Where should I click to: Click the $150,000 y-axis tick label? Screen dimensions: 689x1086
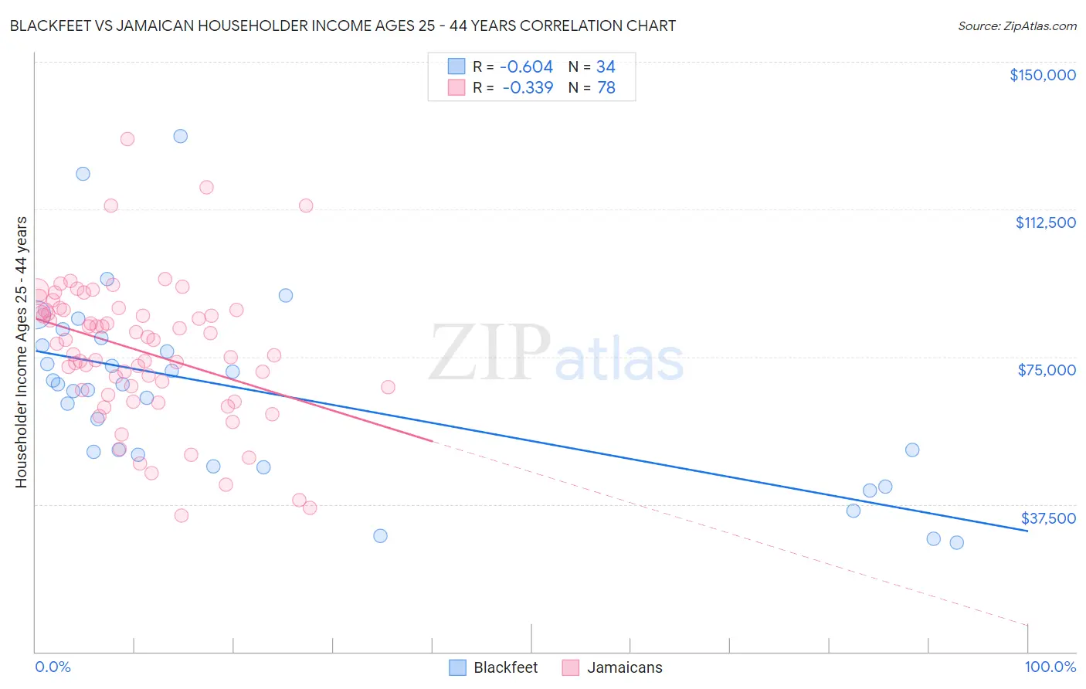pos(1042,75)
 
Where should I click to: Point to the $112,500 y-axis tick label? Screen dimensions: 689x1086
pos(1045,222)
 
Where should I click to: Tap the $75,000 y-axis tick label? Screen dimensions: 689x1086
pos(1047,370)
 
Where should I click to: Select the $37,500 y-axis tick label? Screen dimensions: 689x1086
pos(1048,518)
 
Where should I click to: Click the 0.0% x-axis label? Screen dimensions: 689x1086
pos(53,667)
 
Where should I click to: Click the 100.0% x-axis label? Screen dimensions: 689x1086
pos(1050,667)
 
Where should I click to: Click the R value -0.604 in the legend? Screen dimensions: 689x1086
pos(527,67)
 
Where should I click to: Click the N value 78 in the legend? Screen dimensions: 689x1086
pos(606,88)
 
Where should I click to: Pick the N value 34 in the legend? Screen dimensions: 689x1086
pos(606,67)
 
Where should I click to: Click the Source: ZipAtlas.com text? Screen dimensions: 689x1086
pos(1016,26)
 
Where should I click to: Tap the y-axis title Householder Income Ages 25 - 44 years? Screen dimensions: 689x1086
pos(21,351)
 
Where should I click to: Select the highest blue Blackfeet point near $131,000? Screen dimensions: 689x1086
pos(180,136)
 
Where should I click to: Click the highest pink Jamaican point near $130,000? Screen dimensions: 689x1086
pos(127,139)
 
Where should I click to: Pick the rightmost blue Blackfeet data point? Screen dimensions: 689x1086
pos(956,542)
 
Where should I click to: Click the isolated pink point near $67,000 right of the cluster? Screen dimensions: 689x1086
pos(388,387)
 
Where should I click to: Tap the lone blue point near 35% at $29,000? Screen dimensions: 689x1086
pos(380,535)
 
